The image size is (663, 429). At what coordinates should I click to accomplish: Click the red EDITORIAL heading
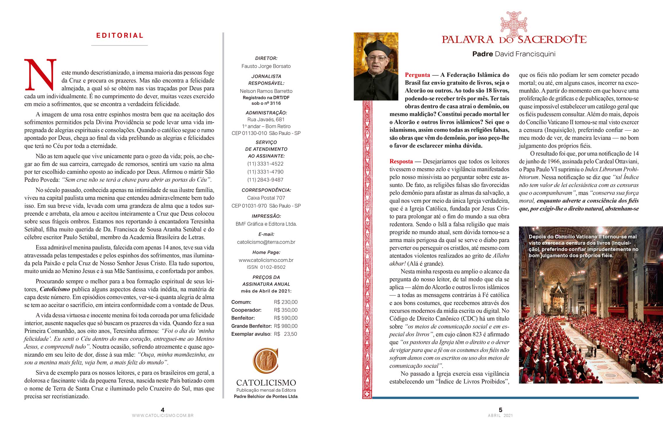[x=120, y=36]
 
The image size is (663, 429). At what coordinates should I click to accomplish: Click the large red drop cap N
[x=40, y=75]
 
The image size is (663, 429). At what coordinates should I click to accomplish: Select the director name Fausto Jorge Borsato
[x=266, y=66]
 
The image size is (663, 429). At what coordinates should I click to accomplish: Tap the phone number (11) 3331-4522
[x=265, y=164]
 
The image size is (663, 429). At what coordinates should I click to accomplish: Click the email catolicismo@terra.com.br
[x=266, y=242]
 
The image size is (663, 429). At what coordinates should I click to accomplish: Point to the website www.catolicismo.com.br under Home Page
[x=266, y=260]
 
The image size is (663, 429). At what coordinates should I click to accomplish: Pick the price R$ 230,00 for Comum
[x=286, y=302]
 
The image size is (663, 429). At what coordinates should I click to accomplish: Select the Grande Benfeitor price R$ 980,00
[x=286, y=326]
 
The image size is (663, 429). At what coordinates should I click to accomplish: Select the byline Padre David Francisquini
[x=514, y=54]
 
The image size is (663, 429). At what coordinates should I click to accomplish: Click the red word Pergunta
[x=417, y=75]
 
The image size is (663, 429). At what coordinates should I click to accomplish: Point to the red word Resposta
[x=401, y=162]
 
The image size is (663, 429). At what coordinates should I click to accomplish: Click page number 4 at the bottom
[x=163, y=410]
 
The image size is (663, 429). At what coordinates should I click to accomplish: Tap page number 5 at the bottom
[x=500, y=410]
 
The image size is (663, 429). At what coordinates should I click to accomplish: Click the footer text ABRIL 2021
[x=500, y=416]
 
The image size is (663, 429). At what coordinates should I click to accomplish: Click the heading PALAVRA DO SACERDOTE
[x=514, y=39]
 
